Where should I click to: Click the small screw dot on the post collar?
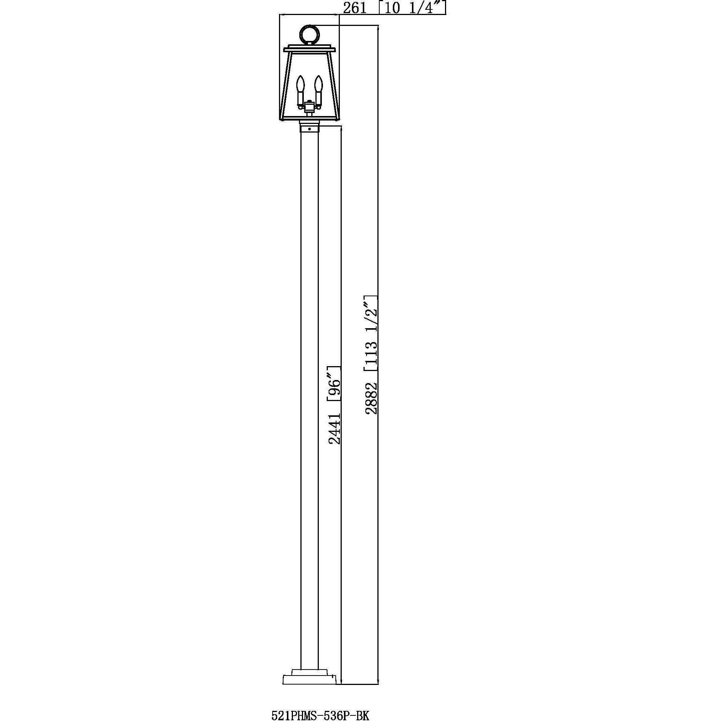coord(309,129)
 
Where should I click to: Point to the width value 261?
coord(354,8)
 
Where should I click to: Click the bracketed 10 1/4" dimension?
coord(412,8)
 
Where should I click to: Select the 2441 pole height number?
coord(334,428)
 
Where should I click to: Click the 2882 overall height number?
coord(371,398)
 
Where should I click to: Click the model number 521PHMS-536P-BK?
coord(320,705)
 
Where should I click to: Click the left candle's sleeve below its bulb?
coord(300,98)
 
